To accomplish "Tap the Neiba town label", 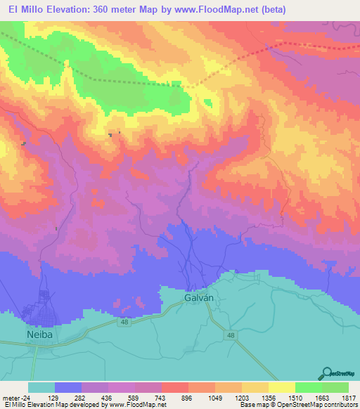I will (x=40, y=335).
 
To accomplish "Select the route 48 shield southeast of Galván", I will (x=231, y=336).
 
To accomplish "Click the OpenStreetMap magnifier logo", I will (x=326, y=372).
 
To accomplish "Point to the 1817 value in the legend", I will (x=349, y=398).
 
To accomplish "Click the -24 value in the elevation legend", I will (x=27, y=398).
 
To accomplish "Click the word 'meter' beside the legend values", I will (x=10, y=398).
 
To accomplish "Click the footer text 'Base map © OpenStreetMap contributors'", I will (x=298, y=405).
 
